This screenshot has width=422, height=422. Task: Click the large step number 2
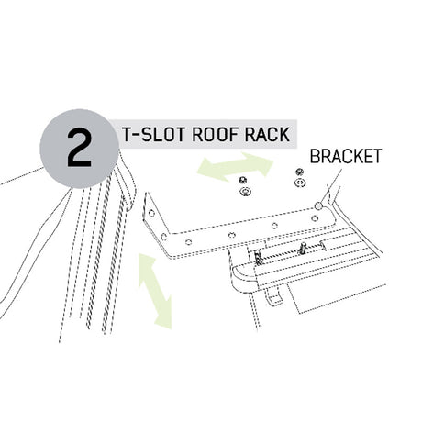tap(79, 148)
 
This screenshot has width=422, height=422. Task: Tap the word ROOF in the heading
tap(215, 134)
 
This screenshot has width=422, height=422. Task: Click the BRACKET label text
tap(346, 156)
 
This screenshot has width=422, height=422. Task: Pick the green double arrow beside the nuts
tap(235, 167)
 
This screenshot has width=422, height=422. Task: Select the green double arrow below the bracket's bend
tap(155, 291)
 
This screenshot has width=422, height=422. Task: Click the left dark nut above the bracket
tap(243, 179)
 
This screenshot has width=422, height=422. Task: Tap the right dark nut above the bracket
tap(299, 172)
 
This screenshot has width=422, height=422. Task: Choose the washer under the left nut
tap(244, 192)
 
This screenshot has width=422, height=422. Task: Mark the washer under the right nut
tap(300, 183)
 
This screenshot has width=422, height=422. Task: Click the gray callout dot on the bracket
tap(318, 206)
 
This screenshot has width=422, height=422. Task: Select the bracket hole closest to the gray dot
tap(314, 218)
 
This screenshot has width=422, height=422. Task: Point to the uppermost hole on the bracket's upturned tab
tap(151, 213)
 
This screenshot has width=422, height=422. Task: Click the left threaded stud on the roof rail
tap(258, 257)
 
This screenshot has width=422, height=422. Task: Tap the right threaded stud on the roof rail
tap(303, 248)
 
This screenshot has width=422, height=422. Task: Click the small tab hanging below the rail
tap(274, 295)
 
